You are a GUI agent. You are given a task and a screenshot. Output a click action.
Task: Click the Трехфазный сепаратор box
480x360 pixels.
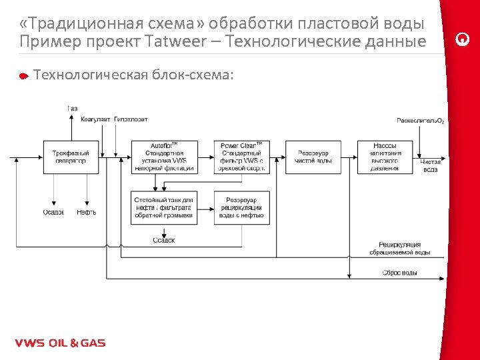click(x=70, y=157)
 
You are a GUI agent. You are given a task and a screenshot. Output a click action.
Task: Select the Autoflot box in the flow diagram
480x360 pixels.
click(x=163, y=157)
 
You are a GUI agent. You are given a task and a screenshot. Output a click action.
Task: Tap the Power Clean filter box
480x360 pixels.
click(x=241, y=157)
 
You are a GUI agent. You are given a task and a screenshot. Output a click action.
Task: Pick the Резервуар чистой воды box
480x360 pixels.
click(x=313, y=157)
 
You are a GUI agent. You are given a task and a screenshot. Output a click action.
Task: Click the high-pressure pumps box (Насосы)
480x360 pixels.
click(x=385, y=157)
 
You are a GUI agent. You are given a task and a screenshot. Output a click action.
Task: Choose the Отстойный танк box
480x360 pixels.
click(x=163, y=207)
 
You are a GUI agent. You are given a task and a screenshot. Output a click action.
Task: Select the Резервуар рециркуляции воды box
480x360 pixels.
click(x=241, y=207)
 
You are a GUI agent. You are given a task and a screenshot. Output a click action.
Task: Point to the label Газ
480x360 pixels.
click(x=72, y=109)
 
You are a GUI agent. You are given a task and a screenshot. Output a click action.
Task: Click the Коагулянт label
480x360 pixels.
click(x=95, y=119)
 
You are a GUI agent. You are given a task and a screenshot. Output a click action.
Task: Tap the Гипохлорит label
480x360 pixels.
click(x=131, y=119)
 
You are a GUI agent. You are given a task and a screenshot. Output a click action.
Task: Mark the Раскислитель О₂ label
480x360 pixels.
click(x=420, y=121)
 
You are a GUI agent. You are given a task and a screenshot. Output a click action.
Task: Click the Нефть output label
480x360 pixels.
click(x=86, y=212)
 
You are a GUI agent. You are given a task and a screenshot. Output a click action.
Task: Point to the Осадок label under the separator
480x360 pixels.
click(x=54, y=212)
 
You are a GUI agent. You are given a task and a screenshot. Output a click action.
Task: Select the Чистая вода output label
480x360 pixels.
click(x=431, y=165)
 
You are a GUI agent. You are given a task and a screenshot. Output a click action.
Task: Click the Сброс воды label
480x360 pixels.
click(x=400, y=273)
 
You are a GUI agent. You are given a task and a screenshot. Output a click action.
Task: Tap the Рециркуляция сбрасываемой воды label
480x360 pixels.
click(x=399, y=249)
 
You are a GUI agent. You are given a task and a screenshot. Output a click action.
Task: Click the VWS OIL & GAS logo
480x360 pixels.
click(x=60, y=343)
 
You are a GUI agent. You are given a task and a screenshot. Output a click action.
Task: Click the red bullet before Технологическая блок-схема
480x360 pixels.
click(x=23, y=76)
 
